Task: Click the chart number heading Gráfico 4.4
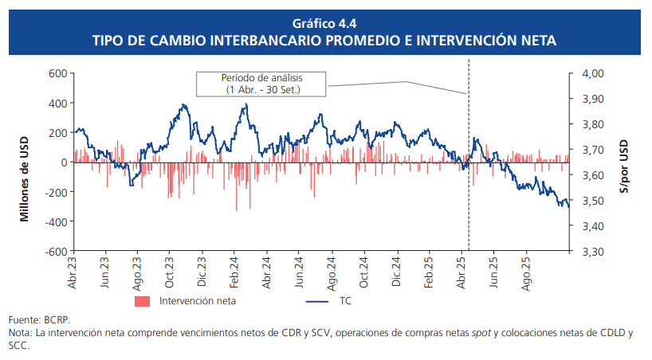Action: pos(325,22)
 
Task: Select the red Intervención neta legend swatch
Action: pos(143,301)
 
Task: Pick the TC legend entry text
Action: pos(346,301)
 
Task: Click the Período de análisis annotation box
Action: pos(262,84)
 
